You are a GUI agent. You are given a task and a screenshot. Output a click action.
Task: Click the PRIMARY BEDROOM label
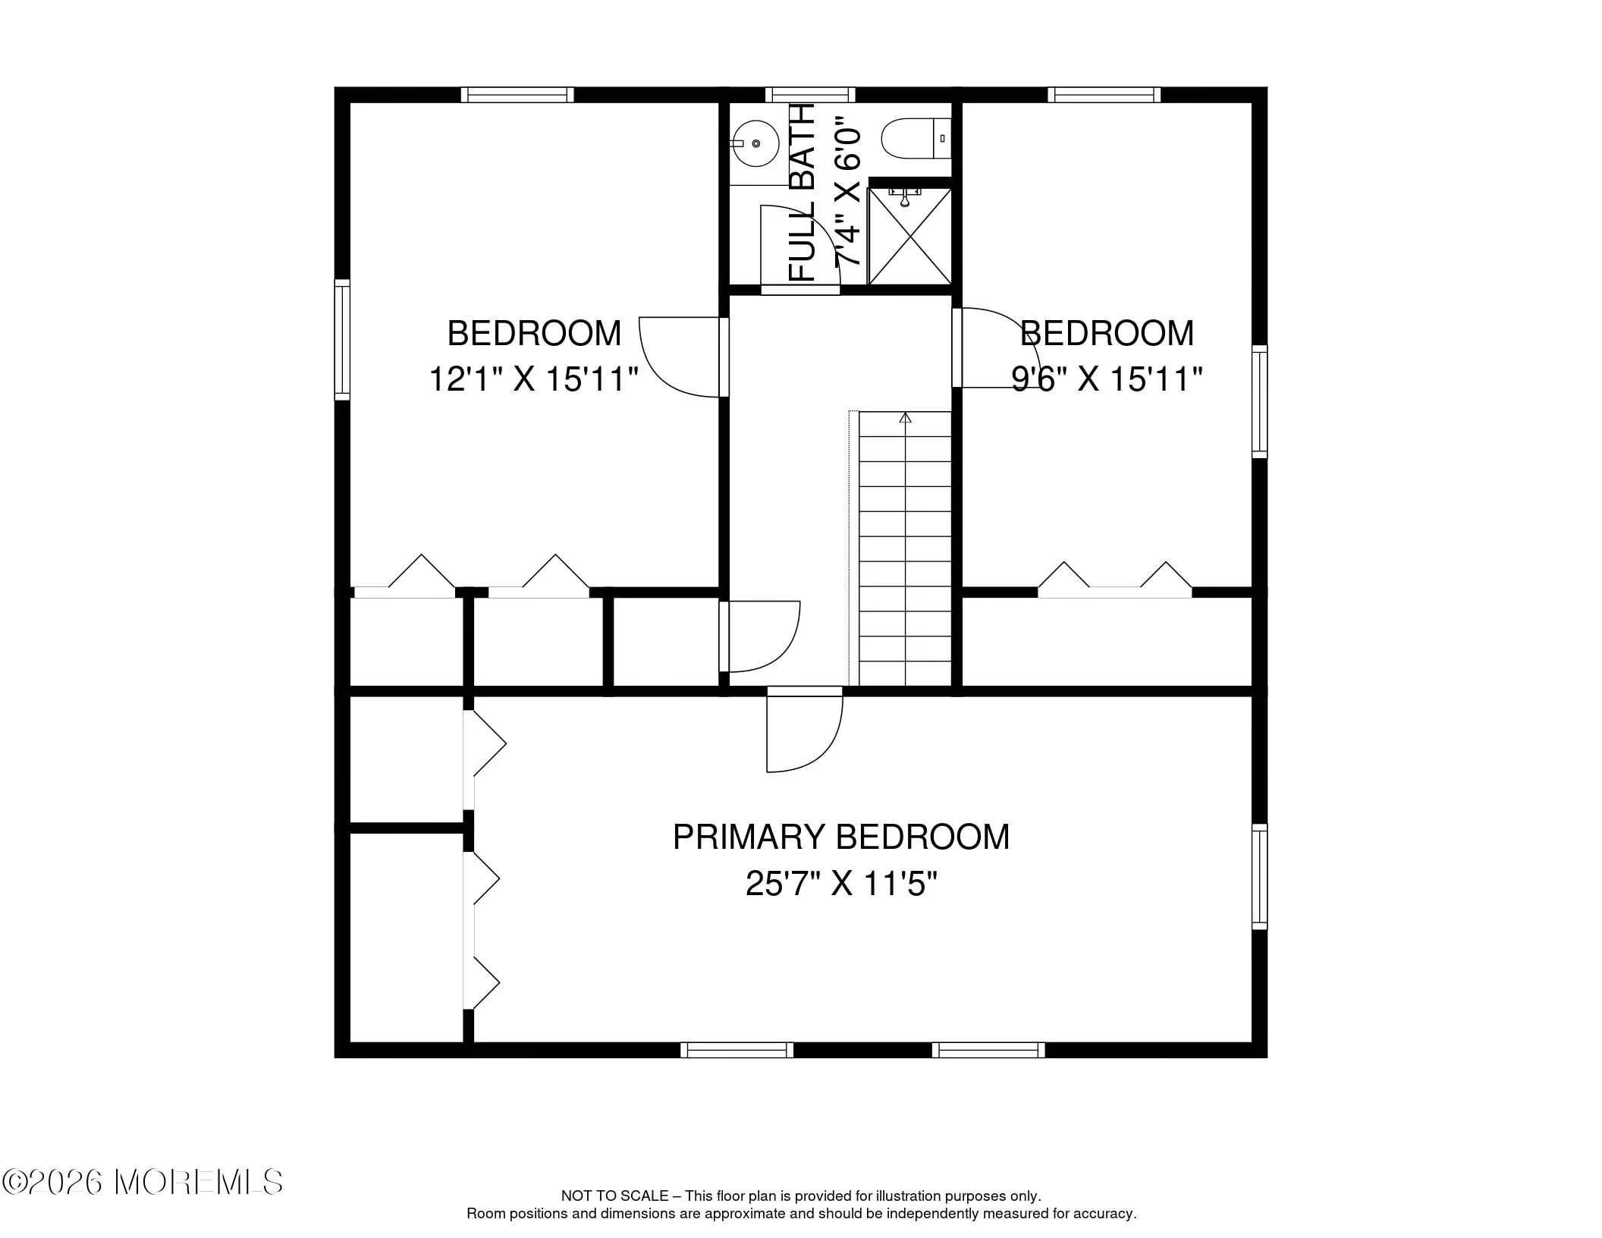tap(841, 837)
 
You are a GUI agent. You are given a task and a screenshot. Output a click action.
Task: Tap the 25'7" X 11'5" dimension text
tap(841, 884)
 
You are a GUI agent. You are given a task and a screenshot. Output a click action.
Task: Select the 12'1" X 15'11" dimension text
tap(534, 379)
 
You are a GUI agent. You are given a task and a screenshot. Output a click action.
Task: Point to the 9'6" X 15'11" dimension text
tap(1107, 379)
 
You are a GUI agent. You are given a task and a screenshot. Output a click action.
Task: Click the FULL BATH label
tap(802, 193)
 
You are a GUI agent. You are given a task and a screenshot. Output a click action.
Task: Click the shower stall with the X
tap(909, 235)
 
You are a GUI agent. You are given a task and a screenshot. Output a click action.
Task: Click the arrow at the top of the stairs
tap(905, 418)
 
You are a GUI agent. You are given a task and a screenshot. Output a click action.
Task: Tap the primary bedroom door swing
tap(804, 730)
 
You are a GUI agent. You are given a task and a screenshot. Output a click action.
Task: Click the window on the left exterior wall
tap(343, 339)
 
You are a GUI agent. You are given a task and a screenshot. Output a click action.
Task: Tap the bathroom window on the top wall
tap(810, 95)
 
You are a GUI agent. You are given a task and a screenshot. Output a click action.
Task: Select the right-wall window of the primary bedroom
tap(1259, 876)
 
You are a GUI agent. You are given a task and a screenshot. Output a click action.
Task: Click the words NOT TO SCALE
tap(614, 1196)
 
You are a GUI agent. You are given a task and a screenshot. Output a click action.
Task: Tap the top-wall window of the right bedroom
tap(1104, 95)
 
